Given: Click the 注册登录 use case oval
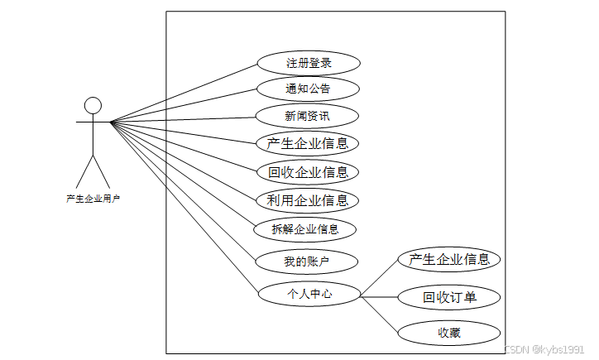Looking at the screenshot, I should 309,63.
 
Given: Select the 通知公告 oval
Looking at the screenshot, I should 308,89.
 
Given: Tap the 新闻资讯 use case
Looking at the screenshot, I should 307,116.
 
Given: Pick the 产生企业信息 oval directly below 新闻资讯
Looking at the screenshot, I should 307,143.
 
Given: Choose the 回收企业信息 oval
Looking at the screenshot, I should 308,172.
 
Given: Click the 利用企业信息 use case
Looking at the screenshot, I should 307,200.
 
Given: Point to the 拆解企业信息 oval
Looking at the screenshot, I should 305,229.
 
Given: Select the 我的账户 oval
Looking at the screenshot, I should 307,262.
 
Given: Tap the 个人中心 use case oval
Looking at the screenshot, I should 309,293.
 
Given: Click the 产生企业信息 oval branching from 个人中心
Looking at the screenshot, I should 449,259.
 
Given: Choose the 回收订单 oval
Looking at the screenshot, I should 449,297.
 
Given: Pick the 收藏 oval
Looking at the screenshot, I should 449,334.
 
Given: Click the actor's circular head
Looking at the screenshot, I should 93,105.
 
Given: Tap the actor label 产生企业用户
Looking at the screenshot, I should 93,199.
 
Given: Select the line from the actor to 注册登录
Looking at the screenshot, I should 184,93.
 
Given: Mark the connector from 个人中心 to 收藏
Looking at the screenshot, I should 381,313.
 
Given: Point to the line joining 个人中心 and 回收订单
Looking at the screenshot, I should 379,295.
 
